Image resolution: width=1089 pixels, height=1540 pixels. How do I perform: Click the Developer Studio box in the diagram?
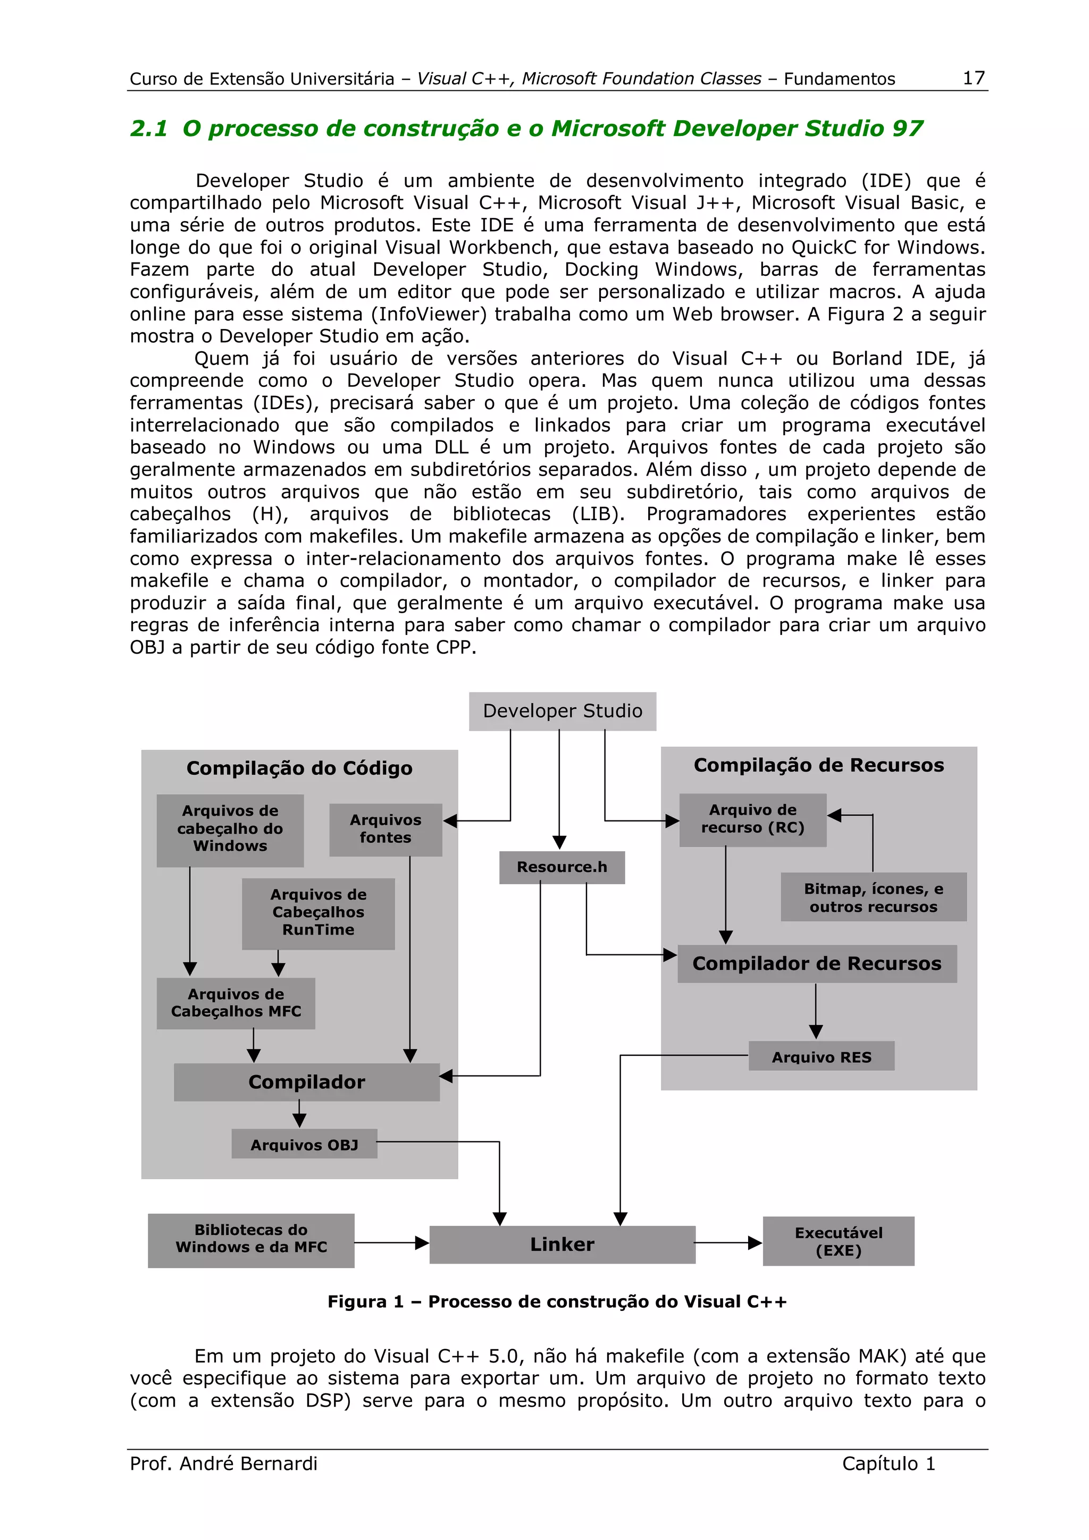coord(562,711)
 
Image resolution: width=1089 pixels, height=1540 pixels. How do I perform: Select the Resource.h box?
coord(562,867)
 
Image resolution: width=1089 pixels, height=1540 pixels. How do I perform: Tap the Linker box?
coord(562,1244)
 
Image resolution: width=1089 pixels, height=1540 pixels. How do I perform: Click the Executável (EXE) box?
coord(838,1241)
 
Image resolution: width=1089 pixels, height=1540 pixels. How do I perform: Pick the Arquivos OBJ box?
coord(304,1144)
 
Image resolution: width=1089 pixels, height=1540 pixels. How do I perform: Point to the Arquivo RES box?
coord(822,1056)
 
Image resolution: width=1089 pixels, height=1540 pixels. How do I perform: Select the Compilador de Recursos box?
coord(817,964)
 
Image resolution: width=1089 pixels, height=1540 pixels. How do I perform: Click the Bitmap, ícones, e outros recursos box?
coord(873,898)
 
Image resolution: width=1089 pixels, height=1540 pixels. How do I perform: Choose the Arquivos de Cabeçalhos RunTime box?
coord(318,913)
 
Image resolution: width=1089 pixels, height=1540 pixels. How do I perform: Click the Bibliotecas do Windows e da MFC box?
coord(251,1240)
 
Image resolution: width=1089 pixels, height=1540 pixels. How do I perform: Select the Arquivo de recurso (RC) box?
coord(752,819)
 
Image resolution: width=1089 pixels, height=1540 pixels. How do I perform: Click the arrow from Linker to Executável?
coord(728,1243)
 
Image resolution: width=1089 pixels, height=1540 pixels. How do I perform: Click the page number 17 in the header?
coord(973,78)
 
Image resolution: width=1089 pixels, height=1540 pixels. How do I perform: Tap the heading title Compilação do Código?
coord(299,768)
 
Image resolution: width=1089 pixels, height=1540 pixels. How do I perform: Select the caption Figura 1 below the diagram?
coord(556,1302)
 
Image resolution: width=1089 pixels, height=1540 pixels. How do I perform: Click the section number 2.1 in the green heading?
coord(148,128)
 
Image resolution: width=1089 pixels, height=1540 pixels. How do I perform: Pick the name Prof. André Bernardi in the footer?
coord(223,1463)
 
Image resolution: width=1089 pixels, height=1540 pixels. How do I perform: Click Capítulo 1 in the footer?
coord(887,1463)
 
